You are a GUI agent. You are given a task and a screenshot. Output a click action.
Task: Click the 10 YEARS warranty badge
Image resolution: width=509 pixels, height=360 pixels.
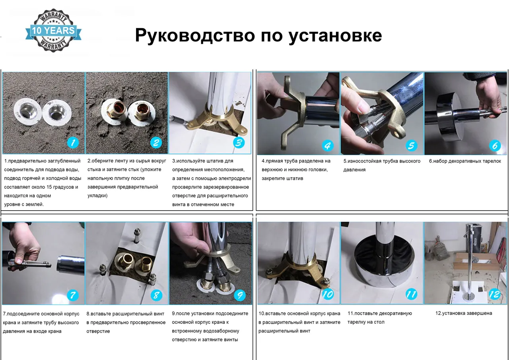(x=53, y=31)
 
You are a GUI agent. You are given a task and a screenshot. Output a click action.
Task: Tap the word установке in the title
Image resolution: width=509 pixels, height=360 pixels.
(x=335, y=35)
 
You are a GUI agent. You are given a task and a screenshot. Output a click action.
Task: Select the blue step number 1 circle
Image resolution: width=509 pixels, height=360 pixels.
(x=72, y=142)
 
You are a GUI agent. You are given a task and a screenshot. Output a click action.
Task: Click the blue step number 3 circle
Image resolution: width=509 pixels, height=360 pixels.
(x=239, y=142)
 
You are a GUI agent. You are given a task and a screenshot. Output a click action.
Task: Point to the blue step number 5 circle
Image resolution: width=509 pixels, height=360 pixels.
(x=411, y=145)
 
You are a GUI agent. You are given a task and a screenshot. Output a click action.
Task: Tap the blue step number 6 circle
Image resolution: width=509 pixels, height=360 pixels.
(x=495, y=145)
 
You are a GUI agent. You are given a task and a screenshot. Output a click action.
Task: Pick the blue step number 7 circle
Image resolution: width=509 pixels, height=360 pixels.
(x=72, y=295)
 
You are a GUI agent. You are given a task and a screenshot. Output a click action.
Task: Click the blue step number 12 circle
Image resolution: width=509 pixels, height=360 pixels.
(x=494, y=294)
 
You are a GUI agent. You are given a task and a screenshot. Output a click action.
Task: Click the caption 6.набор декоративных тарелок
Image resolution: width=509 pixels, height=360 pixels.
(x=464, y=161)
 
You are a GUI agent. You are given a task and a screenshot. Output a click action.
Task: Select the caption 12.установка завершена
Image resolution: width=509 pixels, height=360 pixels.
(x=463, y=313)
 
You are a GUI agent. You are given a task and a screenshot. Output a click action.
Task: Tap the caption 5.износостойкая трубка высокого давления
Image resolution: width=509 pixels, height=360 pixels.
(x=381, y=165)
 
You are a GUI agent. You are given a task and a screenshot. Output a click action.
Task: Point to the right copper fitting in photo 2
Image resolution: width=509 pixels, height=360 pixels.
(x=142, y=113)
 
